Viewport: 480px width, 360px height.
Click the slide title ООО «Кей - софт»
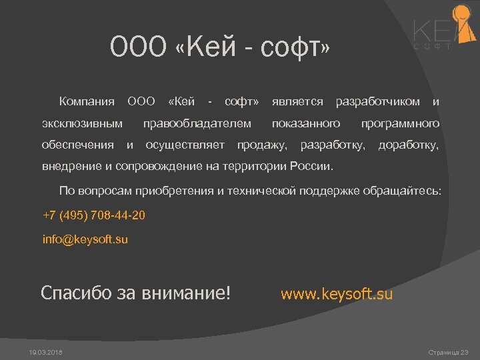(x=220, y=48)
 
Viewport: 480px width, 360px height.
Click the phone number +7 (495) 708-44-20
(x=93, y=216)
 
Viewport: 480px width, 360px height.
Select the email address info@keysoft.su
(x=85, y=239)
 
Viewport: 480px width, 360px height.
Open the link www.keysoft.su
(x=337, y=294)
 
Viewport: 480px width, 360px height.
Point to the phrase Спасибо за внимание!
(x=135, y=293)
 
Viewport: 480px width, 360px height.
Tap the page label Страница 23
(x=449, y=351)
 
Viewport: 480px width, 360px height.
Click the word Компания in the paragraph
(x=87, y=102)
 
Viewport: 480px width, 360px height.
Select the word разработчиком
(x=378, y=102)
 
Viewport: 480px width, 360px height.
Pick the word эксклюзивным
(x=82, y=123)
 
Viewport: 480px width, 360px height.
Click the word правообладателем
(x=197, y=123)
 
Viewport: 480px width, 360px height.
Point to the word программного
(x=400, y=123)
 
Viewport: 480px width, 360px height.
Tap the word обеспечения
(x=78, y=145)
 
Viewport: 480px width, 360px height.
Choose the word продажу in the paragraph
(x=263, y=145)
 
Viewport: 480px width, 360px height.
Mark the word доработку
(x=409, y=145)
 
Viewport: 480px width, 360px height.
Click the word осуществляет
(x=185, y=145)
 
